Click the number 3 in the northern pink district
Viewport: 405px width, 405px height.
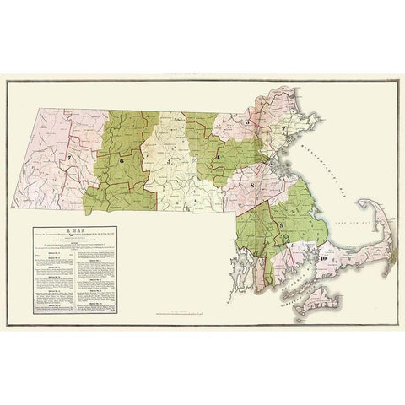click(246, 123)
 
